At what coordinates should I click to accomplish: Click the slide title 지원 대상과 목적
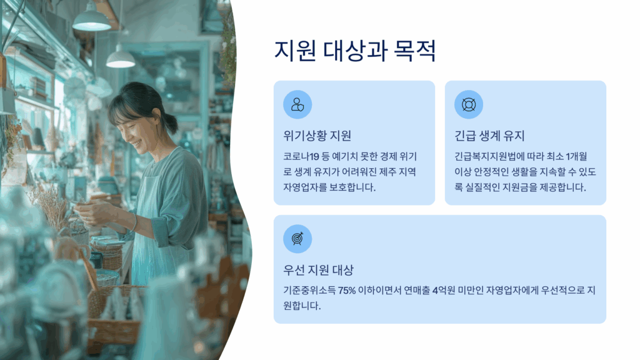click(355, 51)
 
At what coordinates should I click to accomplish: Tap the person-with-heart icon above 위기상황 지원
click(297, 104)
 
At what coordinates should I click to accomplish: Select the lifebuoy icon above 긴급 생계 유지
click(469, 104)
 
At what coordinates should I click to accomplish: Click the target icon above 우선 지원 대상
click(297, 239)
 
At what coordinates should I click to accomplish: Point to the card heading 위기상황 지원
click(317, 136)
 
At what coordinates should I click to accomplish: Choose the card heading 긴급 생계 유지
click(489, 136)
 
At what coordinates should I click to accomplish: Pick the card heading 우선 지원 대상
click(318, 270)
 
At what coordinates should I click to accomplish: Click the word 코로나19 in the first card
click(301, 156)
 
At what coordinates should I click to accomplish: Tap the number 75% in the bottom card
click(346, 291)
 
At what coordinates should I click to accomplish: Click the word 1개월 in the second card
click(576, 156)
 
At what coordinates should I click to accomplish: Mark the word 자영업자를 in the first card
click(305, 187)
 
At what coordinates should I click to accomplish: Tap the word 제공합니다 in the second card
click(563, 187)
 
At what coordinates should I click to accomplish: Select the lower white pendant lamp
click(121, 59)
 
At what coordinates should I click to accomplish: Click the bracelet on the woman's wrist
click(134, 222)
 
